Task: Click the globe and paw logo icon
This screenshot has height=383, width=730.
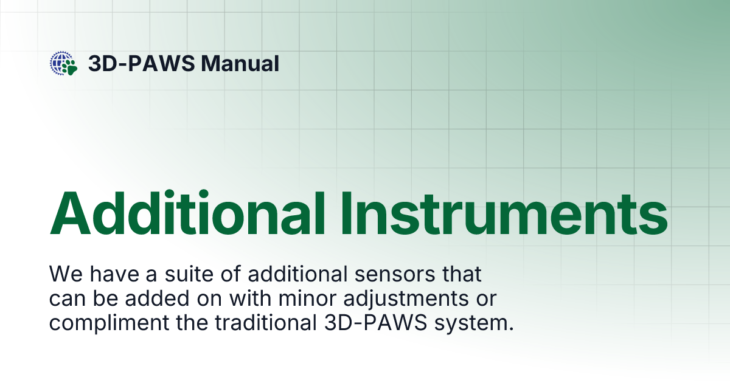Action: (64, 63)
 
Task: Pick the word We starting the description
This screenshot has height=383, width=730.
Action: (63, 274)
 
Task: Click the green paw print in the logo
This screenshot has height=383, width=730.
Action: (71, 66)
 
